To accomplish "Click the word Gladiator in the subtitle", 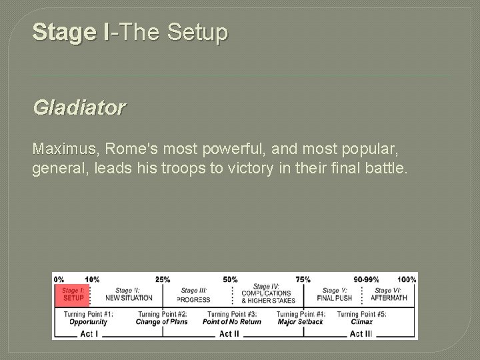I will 78,108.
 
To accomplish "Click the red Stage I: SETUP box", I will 72,294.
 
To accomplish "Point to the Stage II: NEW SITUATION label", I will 129,294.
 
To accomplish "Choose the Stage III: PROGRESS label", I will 193,295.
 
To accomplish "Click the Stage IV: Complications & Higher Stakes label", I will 267,294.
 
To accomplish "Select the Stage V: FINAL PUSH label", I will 334,294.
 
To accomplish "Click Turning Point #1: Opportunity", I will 88,318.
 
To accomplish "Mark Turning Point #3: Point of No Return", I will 232,318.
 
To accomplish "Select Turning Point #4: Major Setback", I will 300,318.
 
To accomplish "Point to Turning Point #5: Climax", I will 363,318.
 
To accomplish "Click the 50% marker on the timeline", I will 230,279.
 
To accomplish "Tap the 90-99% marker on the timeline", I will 367,279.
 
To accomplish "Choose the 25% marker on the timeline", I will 162,279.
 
